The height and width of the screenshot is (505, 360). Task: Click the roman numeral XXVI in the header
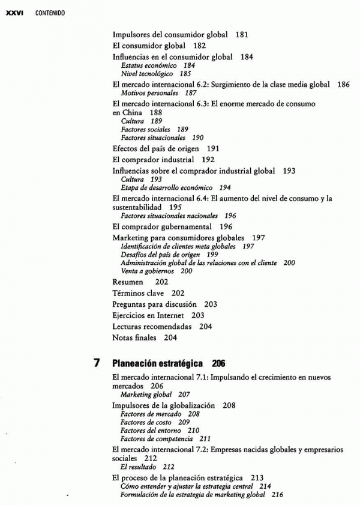click(14, 13)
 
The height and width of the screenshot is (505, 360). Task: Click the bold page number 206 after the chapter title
click(218, 363)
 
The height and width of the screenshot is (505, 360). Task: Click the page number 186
click(343, 85)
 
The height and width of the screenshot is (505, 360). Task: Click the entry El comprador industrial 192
click(163, 160)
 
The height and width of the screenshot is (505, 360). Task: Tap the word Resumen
click(128, 282)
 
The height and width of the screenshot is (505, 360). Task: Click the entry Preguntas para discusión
click(155, 304)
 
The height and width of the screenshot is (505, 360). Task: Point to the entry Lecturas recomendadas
click(152, 327)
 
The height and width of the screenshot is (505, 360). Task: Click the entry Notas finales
click(134, 337)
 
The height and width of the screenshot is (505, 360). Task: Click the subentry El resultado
click(139, 466)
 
